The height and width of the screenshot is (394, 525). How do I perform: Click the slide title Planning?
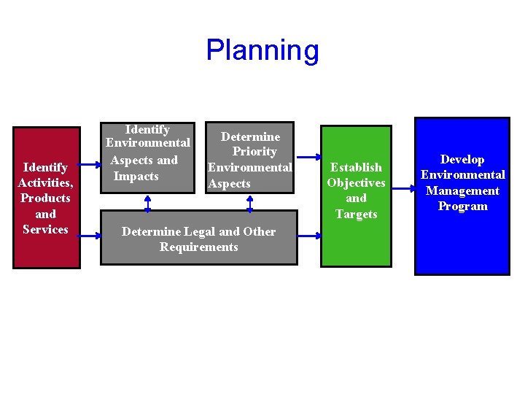(x=262, y=50)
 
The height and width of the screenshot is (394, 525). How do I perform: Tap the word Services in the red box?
(x=45, y=229)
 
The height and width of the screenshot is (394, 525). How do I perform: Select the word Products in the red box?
(x=45, y=198)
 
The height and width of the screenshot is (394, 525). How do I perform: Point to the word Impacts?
(x=136, y=176)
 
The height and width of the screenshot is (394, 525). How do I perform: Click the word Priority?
(x=254, y=152)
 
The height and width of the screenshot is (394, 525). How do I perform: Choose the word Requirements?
(x=198, y=247)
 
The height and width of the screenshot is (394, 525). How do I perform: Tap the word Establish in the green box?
(x=356, y=167)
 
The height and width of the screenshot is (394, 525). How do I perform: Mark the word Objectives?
(x=356, y=182)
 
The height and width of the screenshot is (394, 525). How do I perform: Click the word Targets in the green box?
(x=356, y=214)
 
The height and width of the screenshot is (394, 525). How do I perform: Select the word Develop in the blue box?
(x=462, y=159)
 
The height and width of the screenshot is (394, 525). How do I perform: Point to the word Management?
(x=462, y=190)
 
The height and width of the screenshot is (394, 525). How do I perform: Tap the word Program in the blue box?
(x=462, y=206)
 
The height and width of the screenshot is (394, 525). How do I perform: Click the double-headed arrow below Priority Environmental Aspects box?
(x=250, y=202)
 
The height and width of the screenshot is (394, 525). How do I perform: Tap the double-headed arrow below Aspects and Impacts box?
(x=148, y=202)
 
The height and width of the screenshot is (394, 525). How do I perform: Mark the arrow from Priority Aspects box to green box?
(x=307, y=156)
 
